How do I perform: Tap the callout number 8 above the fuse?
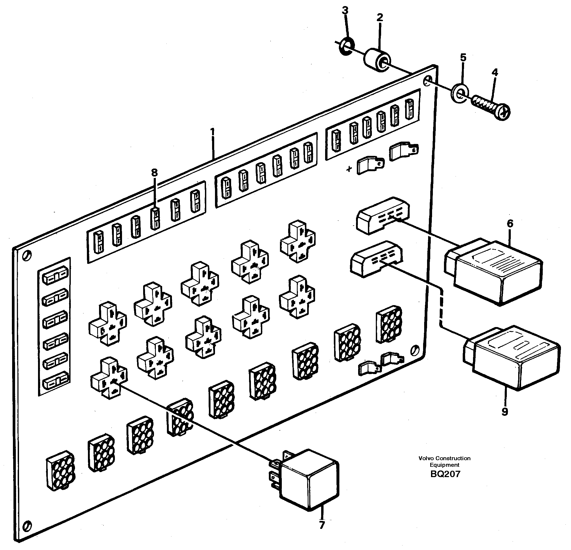pyautogui.click(x=154, y=173)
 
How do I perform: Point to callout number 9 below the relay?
pyautogui.click(x=505, y=411)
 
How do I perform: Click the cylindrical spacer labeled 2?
pyautogui.click(x=377, y=60)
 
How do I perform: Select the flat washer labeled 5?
pyautogui.click(x=460, y=94)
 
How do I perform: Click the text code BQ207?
pyautogui.click(x=445, y=474)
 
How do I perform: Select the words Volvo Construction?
pyautogui.click(x=444, y=458)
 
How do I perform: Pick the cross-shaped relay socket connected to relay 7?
pyautogui.click(x=109, y=378)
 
